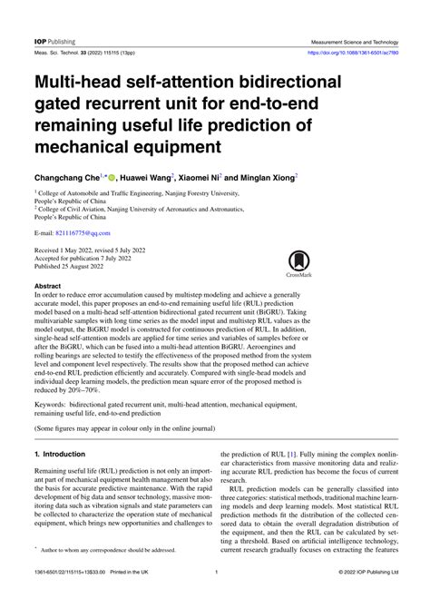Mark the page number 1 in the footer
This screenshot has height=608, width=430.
tap(215, 596)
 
